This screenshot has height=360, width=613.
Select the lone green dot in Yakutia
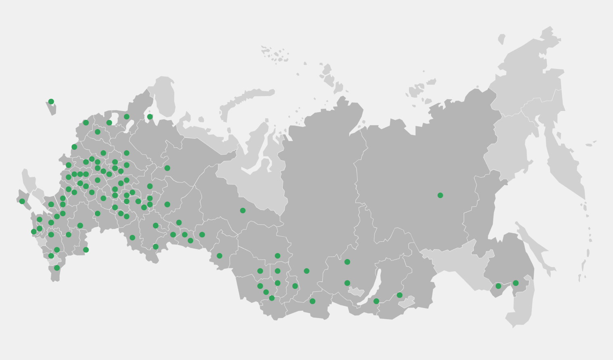click(440, 195)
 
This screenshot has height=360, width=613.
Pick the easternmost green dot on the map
click(516, 283)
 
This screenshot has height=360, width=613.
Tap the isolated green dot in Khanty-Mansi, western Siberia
click(243, 211)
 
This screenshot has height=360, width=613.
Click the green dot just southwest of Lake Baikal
click(347, 283)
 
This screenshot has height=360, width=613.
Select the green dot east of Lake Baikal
click(400, 295)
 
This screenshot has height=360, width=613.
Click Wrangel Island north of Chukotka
click(502, 39)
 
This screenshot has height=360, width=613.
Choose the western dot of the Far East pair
click(498, 286)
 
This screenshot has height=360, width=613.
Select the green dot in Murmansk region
click(150, 117)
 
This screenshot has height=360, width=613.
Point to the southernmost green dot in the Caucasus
click(57, 268)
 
